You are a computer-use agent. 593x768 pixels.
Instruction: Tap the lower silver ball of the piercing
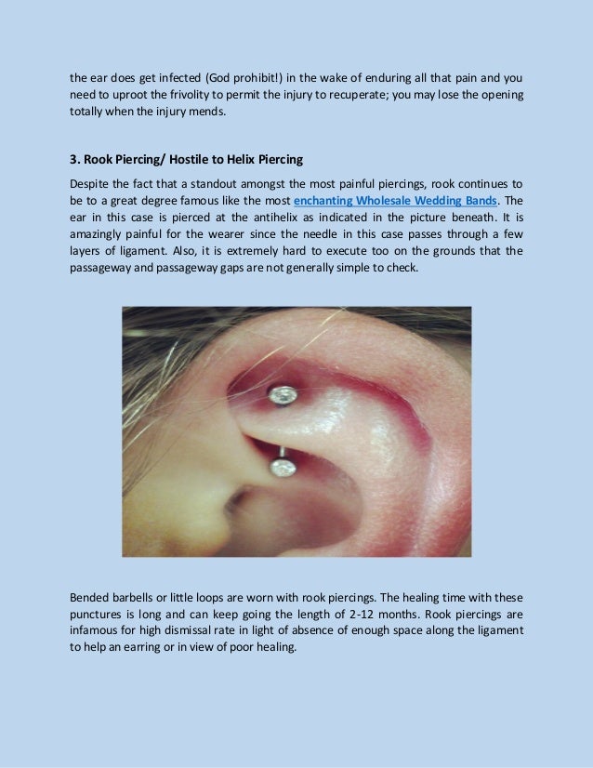[282, 469]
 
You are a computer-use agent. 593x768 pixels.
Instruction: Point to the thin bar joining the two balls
[280, 452]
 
